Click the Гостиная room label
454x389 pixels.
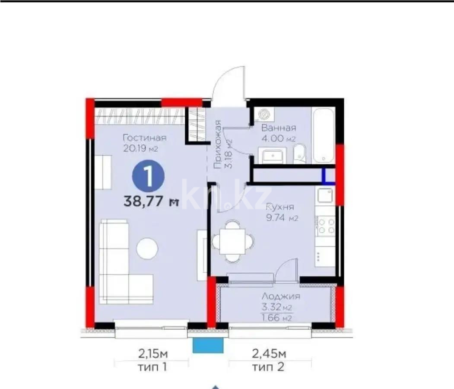[x=145, y=137]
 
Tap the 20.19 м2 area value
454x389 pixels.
[x=140, y=149]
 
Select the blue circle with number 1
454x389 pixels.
[x=148, y=176]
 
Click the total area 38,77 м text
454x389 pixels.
[x=151, y=201]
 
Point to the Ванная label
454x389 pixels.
[x=279, y=128]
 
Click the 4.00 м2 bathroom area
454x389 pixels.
[x=279, y=138]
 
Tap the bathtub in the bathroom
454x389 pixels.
[x=324, y=136]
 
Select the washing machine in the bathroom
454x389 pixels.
[x=264, y=114]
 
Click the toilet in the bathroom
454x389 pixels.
[x=299, y=154]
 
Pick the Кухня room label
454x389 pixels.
[x=279, y=207]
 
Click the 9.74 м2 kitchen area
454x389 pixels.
[x=282, y=218]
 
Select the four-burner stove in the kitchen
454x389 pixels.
[x=325, y=226]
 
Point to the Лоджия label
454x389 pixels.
[x=281, y=297]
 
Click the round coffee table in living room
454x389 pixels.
[x=147, y=249]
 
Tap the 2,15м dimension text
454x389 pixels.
[x=153, y=354]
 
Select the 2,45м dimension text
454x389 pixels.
[x=269, y=354]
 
